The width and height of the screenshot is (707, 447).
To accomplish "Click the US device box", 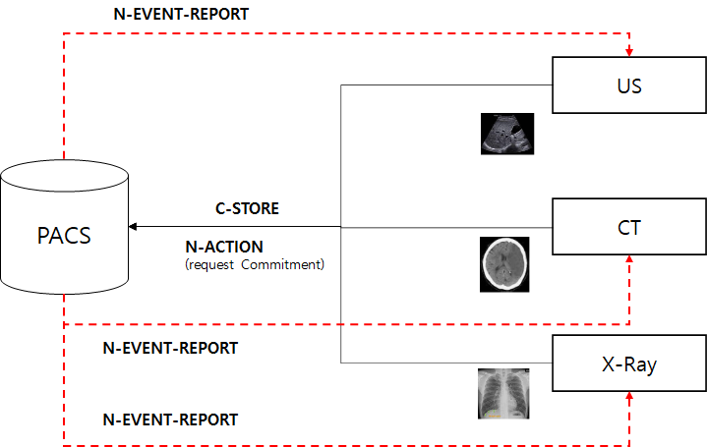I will click(x=629, y=85).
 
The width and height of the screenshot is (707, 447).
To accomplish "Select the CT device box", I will click(x=629, y=227).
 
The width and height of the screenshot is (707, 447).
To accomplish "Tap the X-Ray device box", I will click(x=629, y=365).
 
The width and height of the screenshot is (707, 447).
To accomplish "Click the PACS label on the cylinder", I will click(x=66, y=237).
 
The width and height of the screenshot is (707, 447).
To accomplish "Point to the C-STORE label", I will click(x=247, y=208).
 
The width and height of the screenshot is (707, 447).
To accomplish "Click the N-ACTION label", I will click(x=223, y=247).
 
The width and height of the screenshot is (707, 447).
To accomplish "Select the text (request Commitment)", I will click(x=255, y=264).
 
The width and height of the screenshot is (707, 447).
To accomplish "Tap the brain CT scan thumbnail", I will click(x=503, y=263).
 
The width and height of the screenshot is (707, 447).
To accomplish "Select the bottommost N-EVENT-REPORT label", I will click(x=170, y=419).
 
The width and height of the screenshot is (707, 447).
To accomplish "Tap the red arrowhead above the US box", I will click(x=629, y=51).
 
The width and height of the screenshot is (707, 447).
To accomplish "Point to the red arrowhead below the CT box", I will click(x=629, y=260).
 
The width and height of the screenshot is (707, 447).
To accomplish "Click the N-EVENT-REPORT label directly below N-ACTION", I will click(x=170, y=348).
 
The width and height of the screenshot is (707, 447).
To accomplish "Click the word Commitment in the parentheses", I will click(x=289, y=264).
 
